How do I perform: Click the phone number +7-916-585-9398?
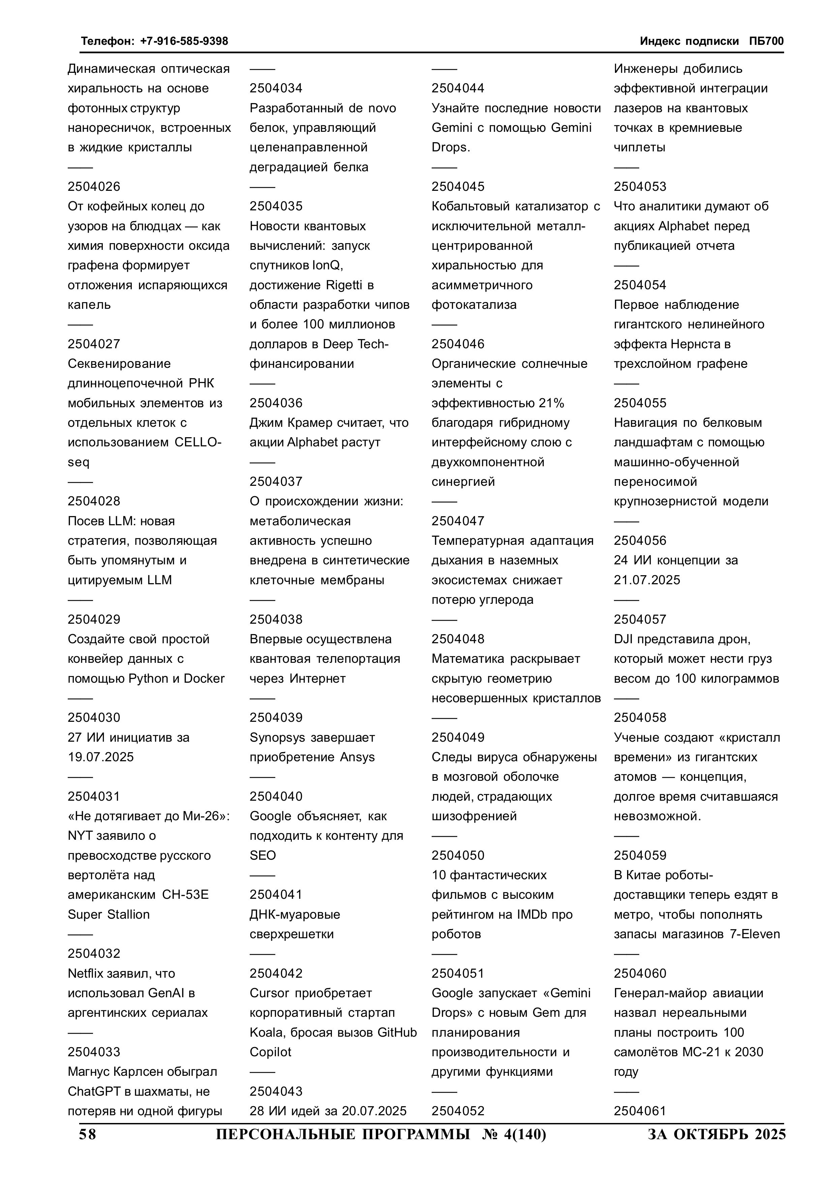click(184, 41)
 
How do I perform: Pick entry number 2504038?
click(276, 619)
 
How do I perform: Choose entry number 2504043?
click(276, 1091)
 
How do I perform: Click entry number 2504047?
click(458, 521)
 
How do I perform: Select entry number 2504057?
click(640, 619)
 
